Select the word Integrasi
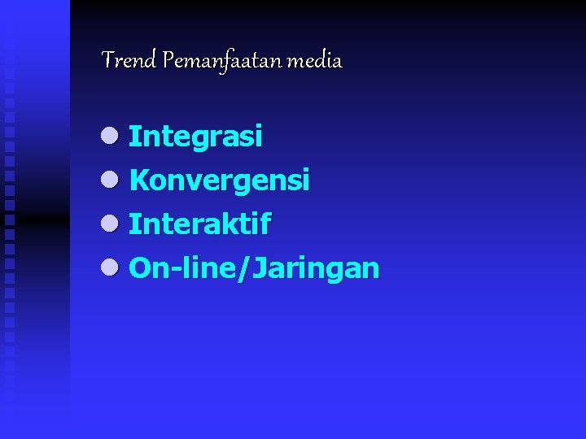point(195,137)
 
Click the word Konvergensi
point(219,180)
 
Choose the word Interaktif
point(199,224)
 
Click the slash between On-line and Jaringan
point(242,267)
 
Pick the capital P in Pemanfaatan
point(168,60)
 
